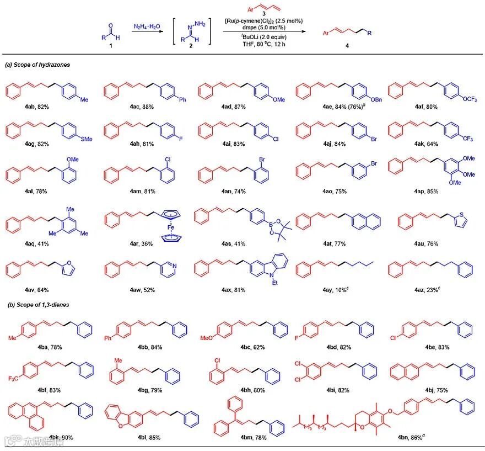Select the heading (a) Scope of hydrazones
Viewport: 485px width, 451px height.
(37, 65)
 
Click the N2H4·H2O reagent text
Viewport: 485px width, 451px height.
(144, 26)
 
